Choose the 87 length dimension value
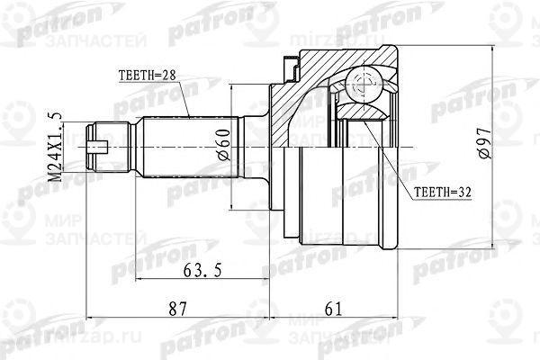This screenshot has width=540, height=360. tap(177, 309)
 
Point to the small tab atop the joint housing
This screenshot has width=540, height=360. tap(290, 66)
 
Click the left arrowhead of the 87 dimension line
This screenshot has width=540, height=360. tap(92, 317)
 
